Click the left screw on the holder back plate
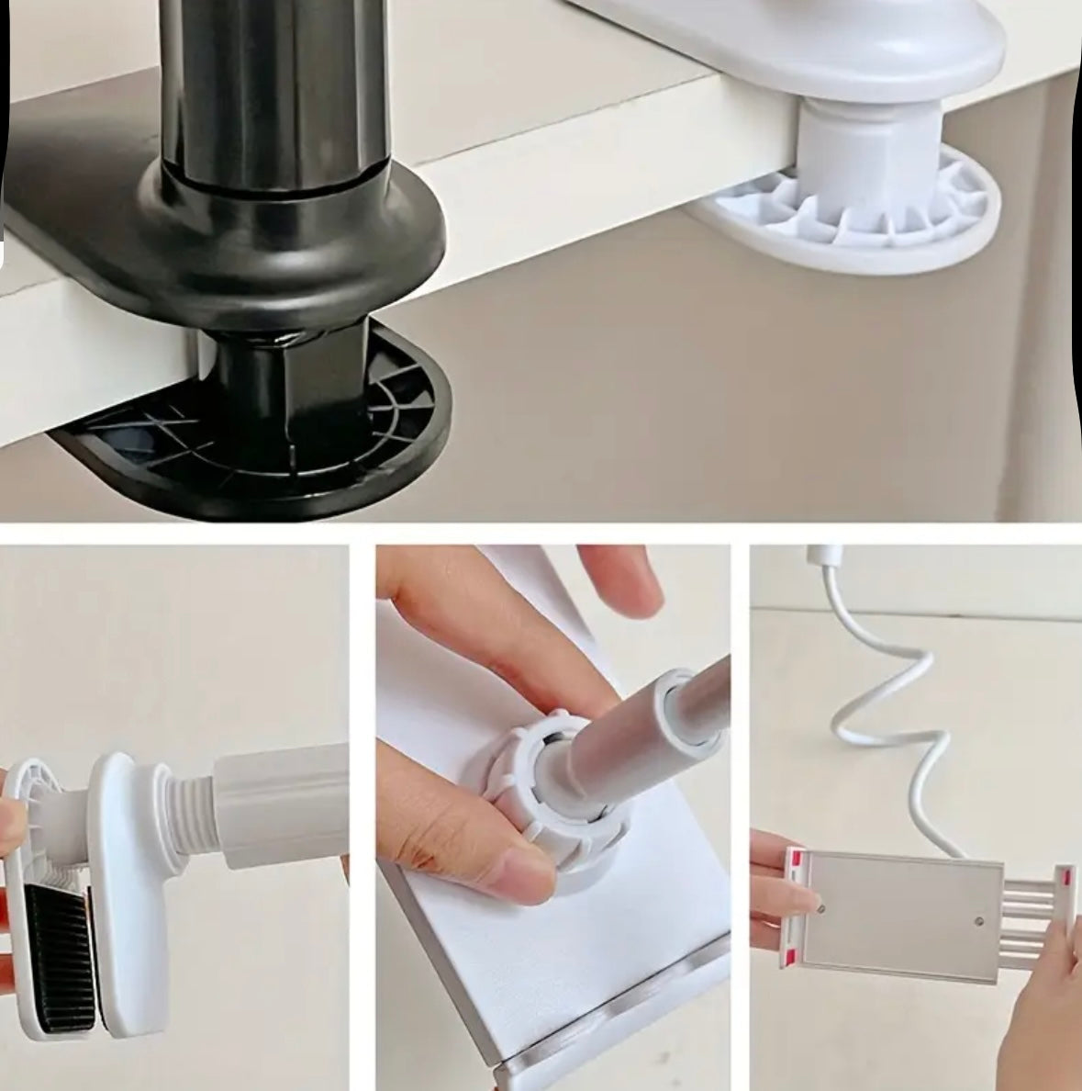[x=820, y=907]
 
